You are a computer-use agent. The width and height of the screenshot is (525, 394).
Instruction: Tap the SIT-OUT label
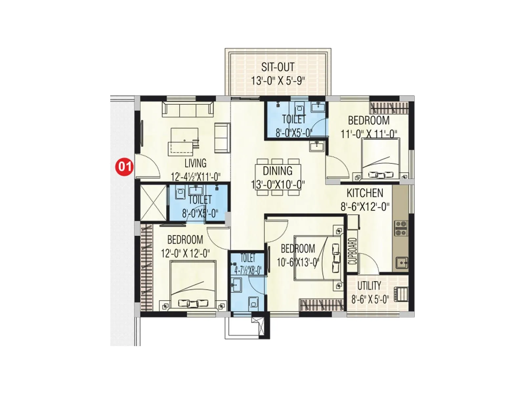coord(278,67)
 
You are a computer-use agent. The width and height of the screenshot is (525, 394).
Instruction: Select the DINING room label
coord(278,171)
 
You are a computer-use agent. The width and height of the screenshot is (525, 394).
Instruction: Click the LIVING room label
coord(195,163)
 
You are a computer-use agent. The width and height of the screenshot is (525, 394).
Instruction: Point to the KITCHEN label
coord(365,193)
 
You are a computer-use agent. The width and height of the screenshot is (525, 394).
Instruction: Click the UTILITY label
coord(369,286)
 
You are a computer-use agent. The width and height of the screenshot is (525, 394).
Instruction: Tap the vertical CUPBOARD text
coord(352,251)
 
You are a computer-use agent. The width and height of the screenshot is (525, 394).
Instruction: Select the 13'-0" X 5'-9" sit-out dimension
coord(278,80)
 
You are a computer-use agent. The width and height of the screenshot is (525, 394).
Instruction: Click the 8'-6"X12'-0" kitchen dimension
coord(365,207)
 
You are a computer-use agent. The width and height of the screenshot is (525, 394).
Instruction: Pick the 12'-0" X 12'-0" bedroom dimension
coord(185,253)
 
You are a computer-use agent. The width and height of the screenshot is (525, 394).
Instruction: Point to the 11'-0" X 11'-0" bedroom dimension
coord(369,134)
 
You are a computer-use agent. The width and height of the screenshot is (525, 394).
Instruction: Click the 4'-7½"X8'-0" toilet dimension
coord(248,270)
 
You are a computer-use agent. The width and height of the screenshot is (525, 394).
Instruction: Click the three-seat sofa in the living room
coord(188,109)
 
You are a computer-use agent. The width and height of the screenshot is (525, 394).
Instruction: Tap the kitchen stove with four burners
coord(401,229)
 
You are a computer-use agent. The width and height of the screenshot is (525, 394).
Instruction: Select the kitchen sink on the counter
coord(401,263)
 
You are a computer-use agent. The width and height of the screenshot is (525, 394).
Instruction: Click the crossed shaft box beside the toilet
coord(153,203)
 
